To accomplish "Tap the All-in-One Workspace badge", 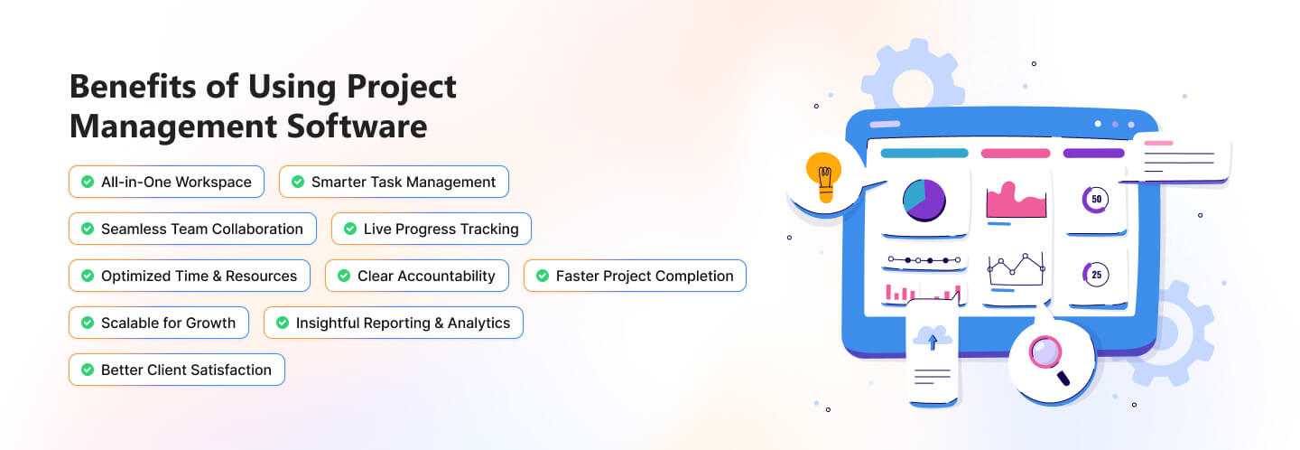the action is pos(166,182).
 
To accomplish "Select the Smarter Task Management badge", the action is pos(394,182).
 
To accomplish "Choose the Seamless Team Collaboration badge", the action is pos(192,229).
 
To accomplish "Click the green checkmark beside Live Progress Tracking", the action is pos(350,229).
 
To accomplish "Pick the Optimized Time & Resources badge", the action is pos(190,276).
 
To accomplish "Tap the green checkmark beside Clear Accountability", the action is pos(344,276).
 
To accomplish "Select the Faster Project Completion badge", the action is pos(635,276).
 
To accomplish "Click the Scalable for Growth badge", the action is pos(159,323).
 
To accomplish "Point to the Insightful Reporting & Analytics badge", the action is pos(394,323).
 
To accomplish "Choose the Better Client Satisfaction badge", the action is pos(177,370).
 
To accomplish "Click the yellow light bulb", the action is pos(823,176).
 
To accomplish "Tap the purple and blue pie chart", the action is pos(924,201).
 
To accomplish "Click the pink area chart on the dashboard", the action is pos(1017,201).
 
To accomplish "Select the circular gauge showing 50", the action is pos(1095,199).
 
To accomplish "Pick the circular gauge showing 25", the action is pos(1095,275).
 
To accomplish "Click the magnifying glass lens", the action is pos(1045,352).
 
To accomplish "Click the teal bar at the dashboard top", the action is pos(924,154).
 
